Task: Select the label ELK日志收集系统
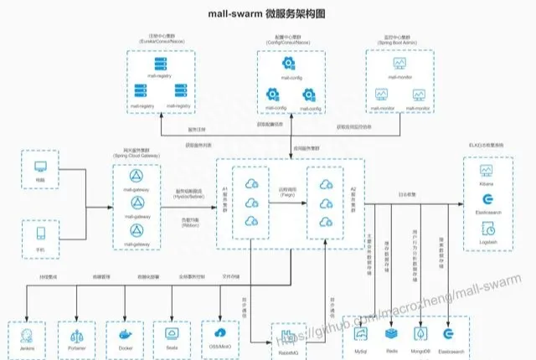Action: click(x=488, y=147)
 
